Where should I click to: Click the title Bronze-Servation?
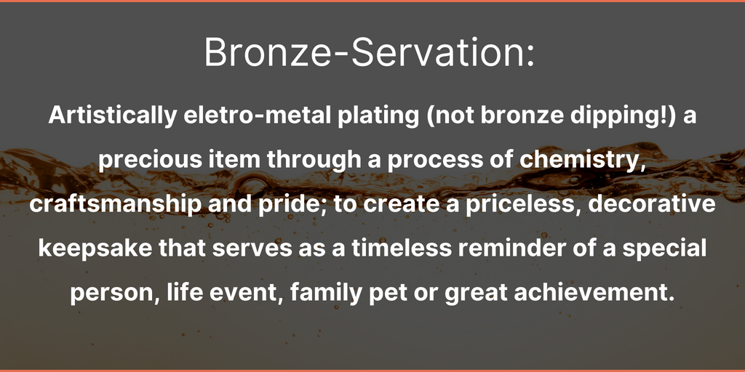point(370,52)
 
